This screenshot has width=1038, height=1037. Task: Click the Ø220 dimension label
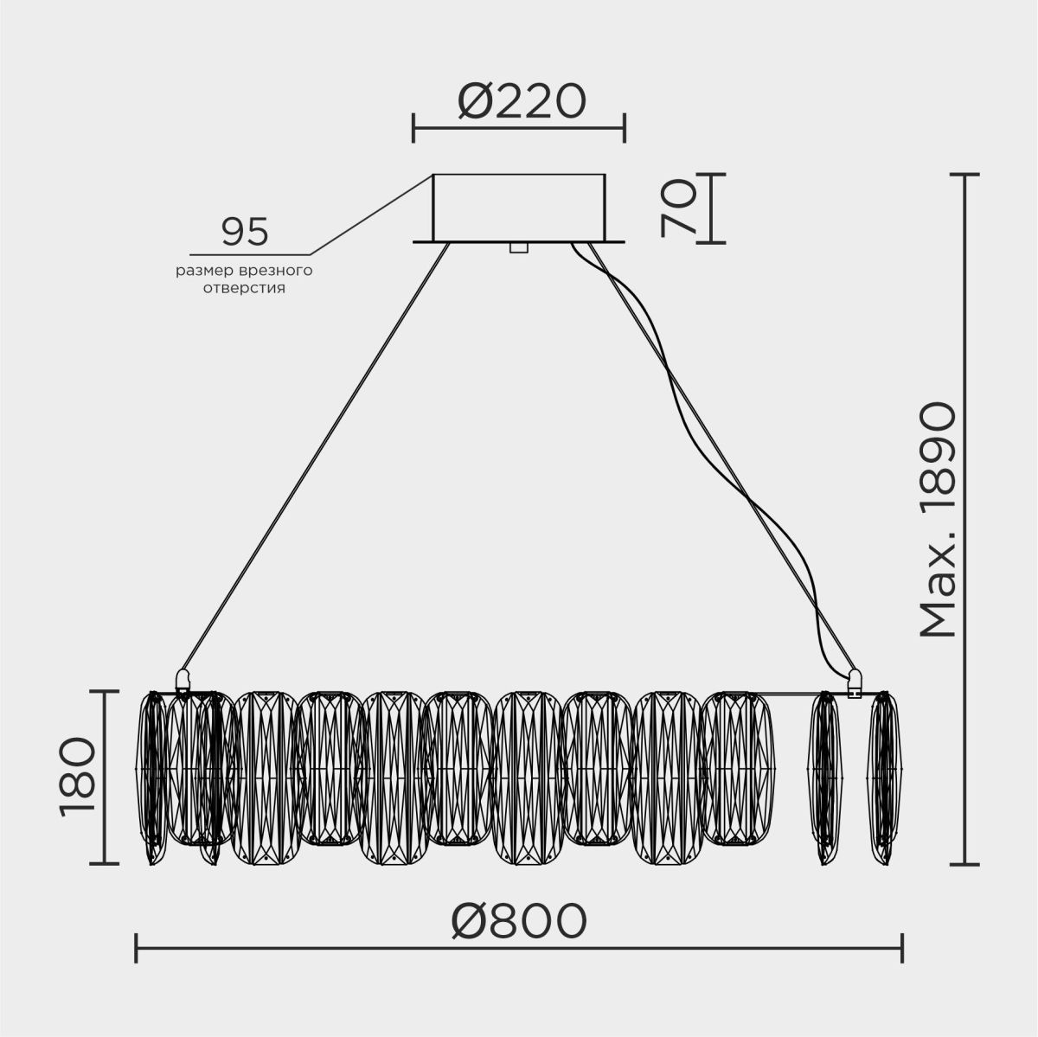coord(521,102)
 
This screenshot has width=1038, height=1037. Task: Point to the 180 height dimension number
coord(77,777)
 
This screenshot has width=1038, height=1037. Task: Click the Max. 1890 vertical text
coord(938,519)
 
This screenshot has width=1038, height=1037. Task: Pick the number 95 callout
coord(245,232)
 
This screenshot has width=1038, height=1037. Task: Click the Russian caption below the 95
coord(244,279)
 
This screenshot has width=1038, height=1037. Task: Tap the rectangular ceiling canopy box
coord(519,208)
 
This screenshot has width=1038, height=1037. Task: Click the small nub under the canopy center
coord(518,247)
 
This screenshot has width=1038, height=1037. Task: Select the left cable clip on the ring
coord(183,679)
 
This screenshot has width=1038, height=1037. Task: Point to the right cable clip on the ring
coord(855,682)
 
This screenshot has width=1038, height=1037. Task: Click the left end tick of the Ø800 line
coord(137,947)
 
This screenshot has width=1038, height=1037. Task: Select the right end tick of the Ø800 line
coord(902,947)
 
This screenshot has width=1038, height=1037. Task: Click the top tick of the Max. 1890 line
coord(964,174)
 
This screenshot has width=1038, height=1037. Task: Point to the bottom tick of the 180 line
coord(104,863)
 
